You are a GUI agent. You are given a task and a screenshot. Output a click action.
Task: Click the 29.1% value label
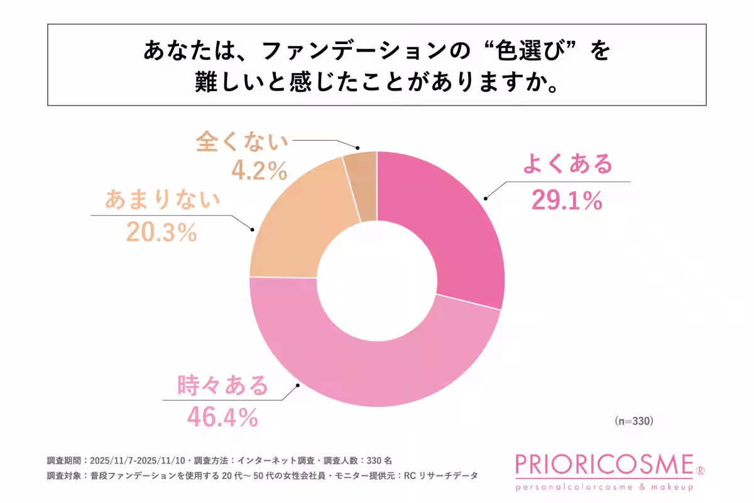pyautogui.click(x=566, y=201)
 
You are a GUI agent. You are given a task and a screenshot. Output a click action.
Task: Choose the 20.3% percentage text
pyautogui.click(x=161, y=232)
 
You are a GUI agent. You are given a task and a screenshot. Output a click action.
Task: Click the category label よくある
pyautogui.click(x=567, y=165)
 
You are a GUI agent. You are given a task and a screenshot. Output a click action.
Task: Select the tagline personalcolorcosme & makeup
pyautogui.click(x=604, y=487)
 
